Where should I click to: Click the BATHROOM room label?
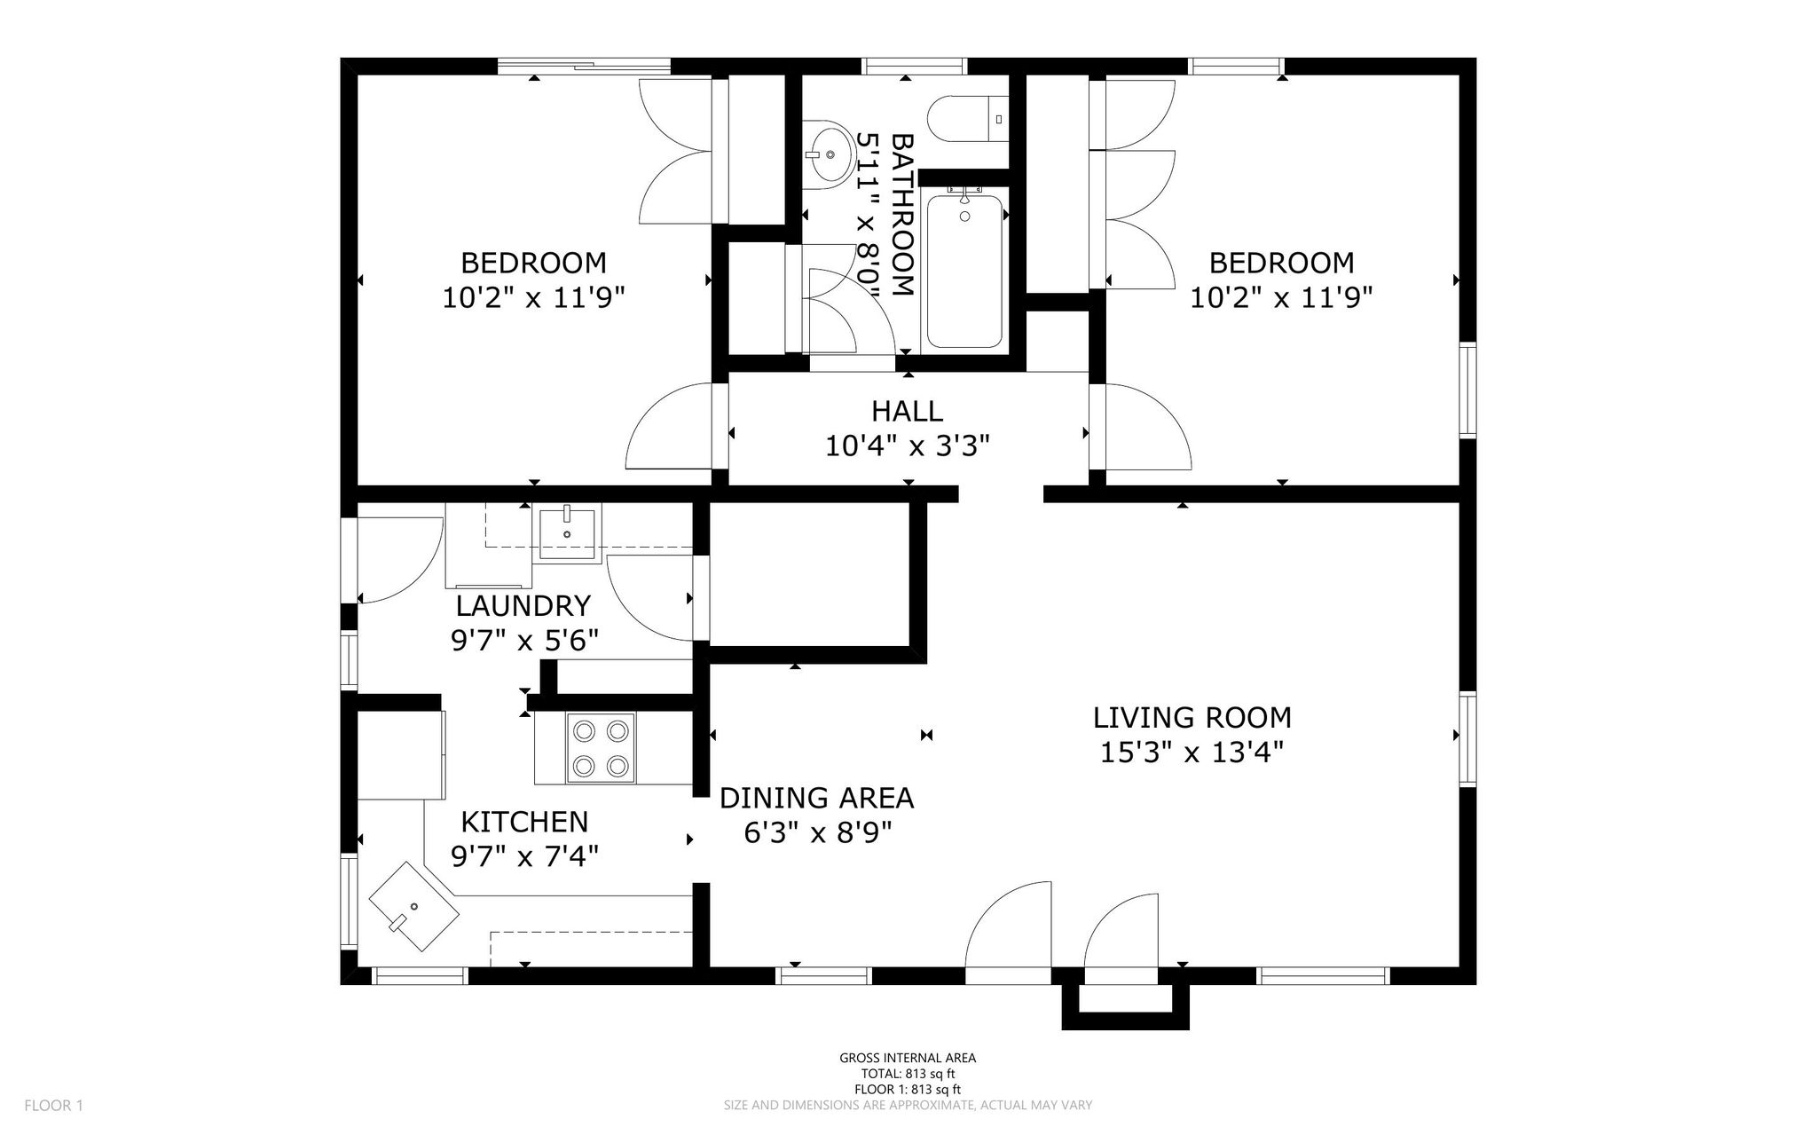pyautogui.click(x=901, y=215)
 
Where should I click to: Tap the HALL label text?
pyautogui.click(x=907, y=411)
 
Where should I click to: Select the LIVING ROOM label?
pyautogui.click(x=1192, y=717)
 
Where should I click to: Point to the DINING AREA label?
pyautogui.click(x=816, y=798)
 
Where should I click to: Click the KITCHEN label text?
pyautogui.click(x=524, y=822)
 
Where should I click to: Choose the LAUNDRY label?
pyautogui.click(x=523, y=606)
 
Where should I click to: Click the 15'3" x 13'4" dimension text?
pyautogui.click(x=1192, y=753)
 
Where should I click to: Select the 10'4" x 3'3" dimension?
pyautogui.click(x=907, y=445)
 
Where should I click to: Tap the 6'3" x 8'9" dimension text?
pyautogui.click(x=816, y=832)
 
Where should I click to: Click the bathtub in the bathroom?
pyautogui.click(x=964, y=271)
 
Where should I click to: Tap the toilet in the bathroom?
pyautogui.click(x=968, y=118)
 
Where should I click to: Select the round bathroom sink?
pyautogui.click(x=826, y=154)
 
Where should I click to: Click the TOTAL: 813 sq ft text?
pyautogui.click(x=907, y=1074)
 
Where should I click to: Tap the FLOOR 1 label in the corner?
pyautogui.click(x=53, y=1106)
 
